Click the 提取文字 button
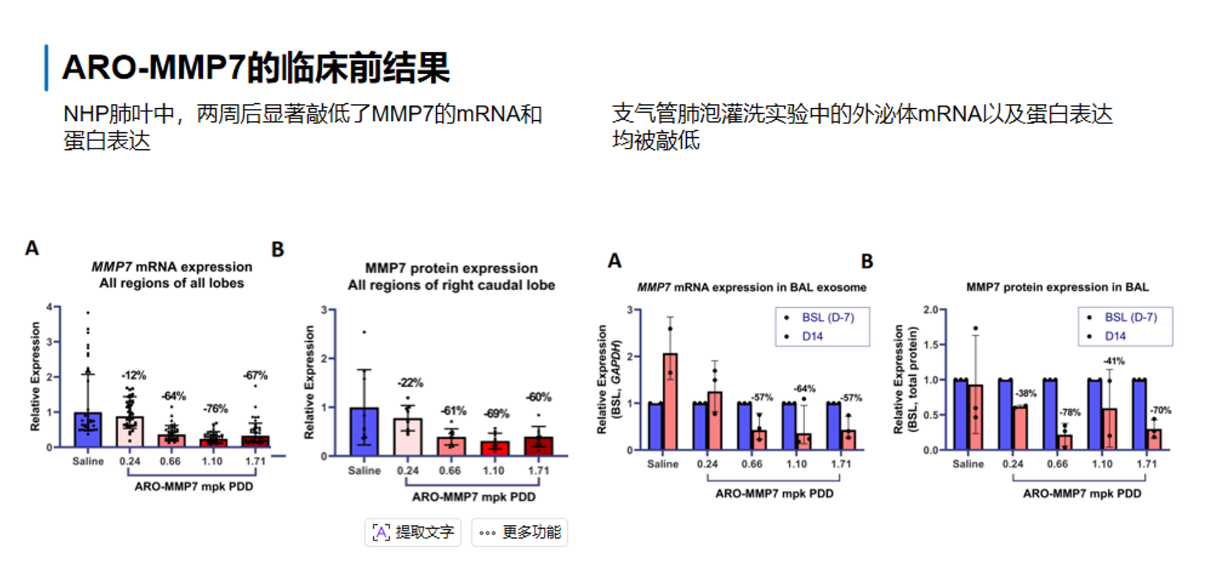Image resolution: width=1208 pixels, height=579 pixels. coord(413,532)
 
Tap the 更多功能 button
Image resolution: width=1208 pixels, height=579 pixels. coord(520,532)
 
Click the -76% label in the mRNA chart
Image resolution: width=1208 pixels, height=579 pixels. coord(215,409)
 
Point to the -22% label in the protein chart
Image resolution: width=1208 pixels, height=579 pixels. coord(410,383)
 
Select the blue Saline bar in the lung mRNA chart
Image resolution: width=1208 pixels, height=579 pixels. coord(87,430)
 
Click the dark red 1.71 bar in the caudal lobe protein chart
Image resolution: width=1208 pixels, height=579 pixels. coord(539,446)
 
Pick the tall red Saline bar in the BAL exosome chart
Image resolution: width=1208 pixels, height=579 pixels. coord(670,403)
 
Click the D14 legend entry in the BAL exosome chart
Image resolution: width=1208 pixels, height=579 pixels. coord(812,337)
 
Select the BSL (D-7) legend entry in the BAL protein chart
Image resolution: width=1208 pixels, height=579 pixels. coord(1131,317)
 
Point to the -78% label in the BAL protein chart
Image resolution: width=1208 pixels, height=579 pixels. coord(1070,413)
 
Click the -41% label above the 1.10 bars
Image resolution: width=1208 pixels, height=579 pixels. coord(1114,361)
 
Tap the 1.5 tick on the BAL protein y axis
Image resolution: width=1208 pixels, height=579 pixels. coord(931,345)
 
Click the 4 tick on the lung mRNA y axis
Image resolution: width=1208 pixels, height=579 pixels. coord(49,307)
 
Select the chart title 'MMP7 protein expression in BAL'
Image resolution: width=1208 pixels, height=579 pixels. coord(1057,288)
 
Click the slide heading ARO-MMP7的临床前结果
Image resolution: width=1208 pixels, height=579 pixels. coord(256,68)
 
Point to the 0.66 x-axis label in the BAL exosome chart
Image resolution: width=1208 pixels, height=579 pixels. coord(752,464)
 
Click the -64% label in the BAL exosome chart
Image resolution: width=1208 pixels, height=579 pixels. coord(804,389)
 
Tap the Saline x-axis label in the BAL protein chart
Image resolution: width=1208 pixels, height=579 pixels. coord(968,464)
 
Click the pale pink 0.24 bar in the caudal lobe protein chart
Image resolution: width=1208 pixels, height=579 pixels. coord(408,437)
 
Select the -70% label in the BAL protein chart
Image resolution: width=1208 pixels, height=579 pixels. coord(1161,410)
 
